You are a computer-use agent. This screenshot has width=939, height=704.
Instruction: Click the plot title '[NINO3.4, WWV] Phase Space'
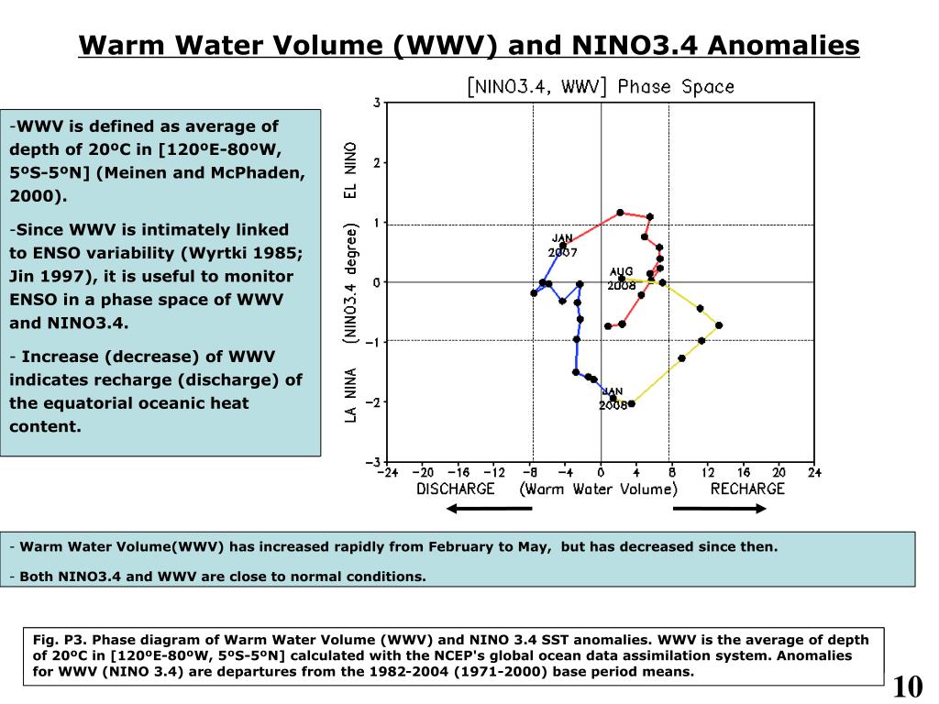[x=601, y=87]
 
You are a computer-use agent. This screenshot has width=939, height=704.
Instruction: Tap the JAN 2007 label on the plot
[x=562, y=245]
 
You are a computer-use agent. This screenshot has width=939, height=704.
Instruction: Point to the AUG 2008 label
[x=621, y=279]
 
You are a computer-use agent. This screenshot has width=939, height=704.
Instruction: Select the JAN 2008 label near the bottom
[x=612, y=398]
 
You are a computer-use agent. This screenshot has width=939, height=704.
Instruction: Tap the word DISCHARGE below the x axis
[x=456, y=489]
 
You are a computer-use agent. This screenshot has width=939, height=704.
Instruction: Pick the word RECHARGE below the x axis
[x=747, y=489]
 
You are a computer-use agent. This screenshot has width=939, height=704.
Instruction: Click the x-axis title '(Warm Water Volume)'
[x=599, y=489]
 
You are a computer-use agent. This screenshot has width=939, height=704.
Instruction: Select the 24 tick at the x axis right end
[x=814, y=472]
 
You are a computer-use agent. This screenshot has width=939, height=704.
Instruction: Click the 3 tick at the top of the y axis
[x=377, y=103]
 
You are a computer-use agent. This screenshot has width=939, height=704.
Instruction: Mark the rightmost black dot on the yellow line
[x=719, y=325]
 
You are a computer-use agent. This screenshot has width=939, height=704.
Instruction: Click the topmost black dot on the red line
[x=620, y=213]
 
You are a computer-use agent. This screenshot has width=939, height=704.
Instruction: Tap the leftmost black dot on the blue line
[x=534, y=293]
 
